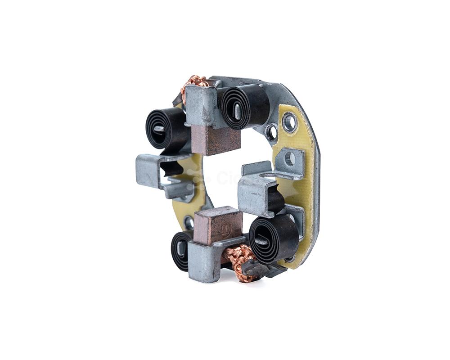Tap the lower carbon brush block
218,225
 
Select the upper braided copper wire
194,84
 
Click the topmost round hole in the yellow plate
289,121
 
